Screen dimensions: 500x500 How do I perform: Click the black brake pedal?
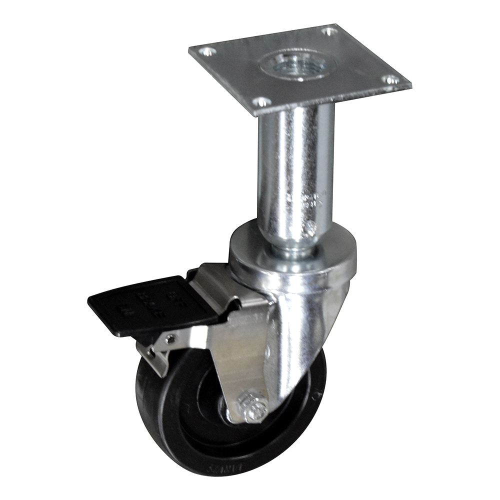tap(150, 305)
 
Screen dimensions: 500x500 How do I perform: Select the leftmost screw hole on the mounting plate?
tap(206, 51)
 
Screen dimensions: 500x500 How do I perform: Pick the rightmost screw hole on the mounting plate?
tap(391, 79)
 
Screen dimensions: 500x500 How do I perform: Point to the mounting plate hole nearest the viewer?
tap(261, 102)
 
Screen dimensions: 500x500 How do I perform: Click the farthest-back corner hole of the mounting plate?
tap(328, 31)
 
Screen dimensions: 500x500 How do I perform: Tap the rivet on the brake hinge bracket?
tap(171, 339)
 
